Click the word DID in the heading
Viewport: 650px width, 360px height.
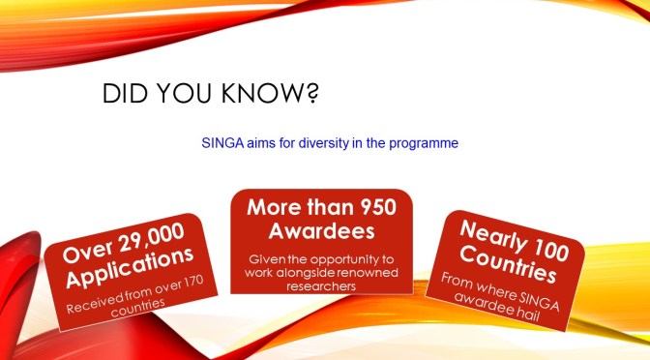click(x=124, y=96)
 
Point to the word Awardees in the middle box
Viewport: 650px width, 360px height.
click(x=320, y=232)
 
